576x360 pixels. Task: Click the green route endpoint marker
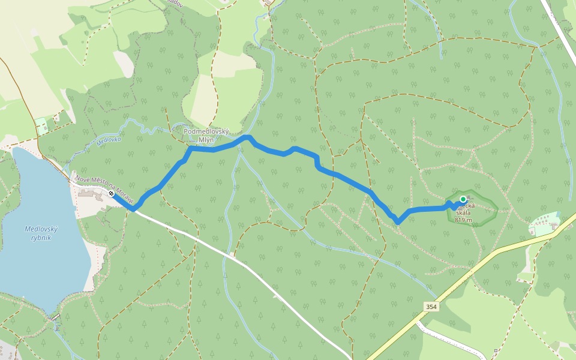click(x=463, y=199)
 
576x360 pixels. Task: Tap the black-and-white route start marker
click(x=112, y=193)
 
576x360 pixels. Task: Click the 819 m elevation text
click(x=463, y=220)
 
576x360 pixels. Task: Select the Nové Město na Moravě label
click(x=103, y=185)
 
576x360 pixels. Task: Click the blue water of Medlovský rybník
click(x=36, y=264)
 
